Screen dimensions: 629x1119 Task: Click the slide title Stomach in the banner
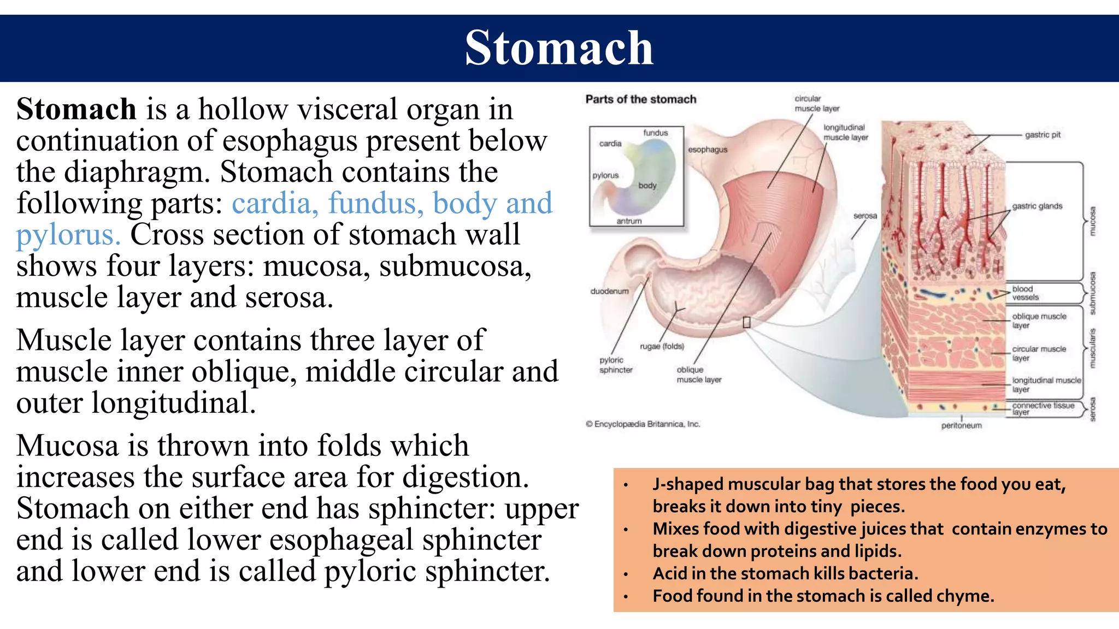click(559, 48)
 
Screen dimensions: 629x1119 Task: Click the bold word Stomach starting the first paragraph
click(76, 109)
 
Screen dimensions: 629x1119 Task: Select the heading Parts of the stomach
click(640, 99)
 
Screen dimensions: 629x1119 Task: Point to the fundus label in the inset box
click(655, 133)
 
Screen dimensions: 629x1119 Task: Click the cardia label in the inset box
click(610, 144)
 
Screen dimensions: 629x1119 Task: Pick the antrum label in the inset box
click(629, 221)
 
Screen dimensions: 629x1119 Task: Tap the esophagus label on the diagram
click(707, 150)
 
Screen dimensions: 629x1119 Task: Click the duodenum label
click(609, 292)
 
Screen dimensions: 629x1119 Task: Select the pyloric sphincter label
click(616, 365)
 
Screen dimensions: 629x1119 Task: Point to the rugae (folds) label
click(662, 346)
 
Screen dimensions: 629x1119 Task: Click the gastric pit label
click(1043, 135)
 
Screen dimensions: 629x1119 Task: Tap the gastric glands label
click(1037, 206)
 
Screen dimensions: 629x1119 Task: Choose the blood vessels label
click(1025, 293)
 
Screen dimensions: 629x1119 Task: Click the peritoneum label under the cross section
click(961, 425)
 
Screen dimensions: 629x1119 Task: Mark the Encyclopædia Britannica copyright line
click(643, 424)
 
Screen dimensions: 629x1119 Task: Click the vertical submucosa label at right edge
click(1092, 293)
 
